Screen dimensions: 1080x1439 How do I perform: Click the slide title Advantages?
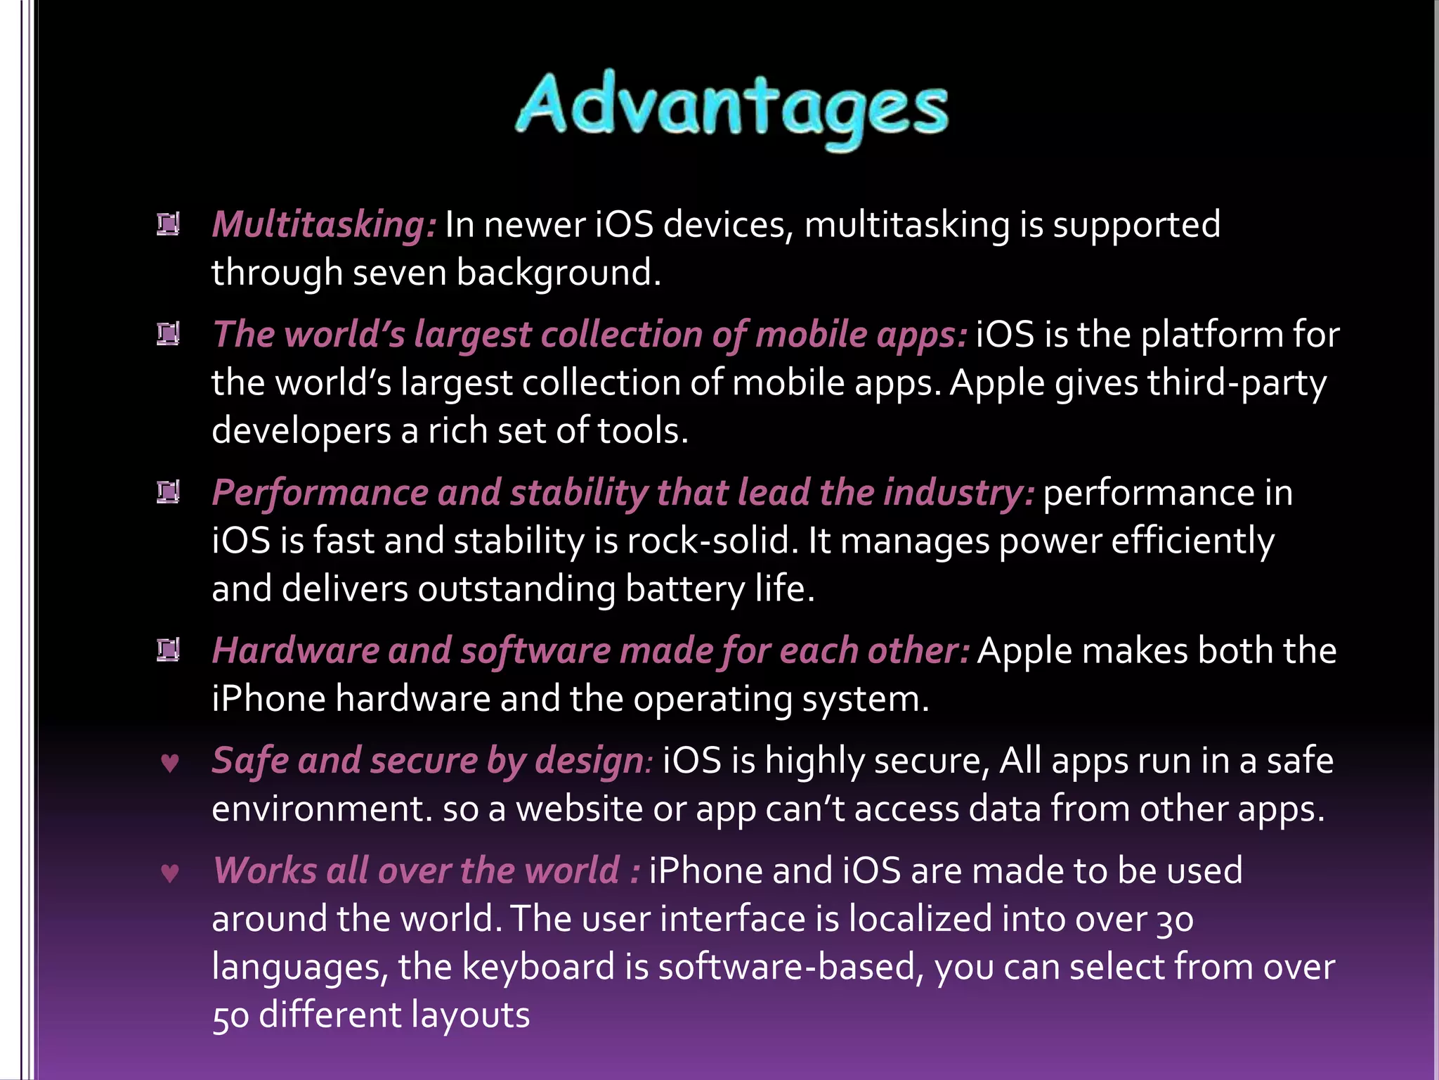tap(731, 109)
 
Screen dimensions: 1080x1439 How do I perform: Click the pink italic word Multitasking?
tap(324, 226)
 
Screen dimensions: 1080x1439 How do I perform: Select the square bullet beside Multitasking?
tap(168, 224)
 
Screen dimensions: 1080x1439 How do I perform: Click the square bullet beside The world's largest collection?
tap(168, 334)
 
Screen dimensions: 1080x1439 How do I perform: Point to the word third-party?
tap(1237, 384)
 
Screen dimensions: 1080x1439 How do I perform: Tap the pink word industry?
tap(958, 493)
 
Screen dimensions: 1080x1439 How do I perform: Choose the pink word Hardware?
tap(295, 651)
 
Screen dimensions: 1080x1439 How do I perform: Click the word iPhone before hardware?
tap(268, 700)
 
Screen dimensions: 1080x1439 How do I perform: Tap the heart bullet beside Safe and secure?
tap(169, 763)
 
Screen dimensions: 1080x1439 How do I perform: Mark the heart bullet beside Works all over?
tap(169, 873)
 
